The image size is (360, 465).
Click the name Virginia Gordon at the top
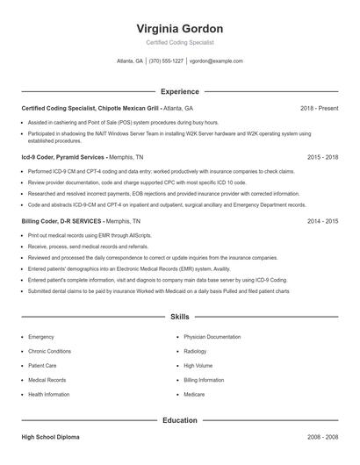click(x=179, y=28)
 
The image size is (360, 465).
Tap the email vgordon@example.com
click(x=216, y=61)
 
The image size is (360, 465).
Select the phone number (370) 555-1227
click(x=166, y=61)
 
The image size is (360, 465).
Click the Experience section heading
click(x=179, y=91)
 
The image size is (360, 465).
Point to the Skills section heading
click(x=179, y=316)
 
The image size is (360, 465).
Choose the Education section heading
click(x=179, y=420)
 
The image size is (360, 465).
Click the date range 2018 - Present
click(x=319, y=108)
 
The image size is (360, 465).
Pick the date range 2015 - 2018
click(x=322, y=156)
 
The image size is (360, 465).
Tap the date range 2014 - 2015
click(x=322, y=221)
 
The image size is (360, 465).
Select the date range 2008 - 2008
click(x=322, y=436)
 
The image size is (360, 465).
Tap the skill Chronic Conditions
click(x=49, y=351)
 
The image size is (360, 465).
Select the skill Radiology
click(x=197, y=351)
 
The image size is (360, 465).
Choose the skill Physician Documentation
click(x=212, y=337)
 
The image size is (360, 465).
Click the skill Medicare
click(x=194, y=395)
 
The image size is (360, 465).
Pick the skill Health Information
click(x=49, y=395)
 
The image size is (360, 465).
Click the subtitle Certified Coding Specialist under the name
click(x=179, y=42)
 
